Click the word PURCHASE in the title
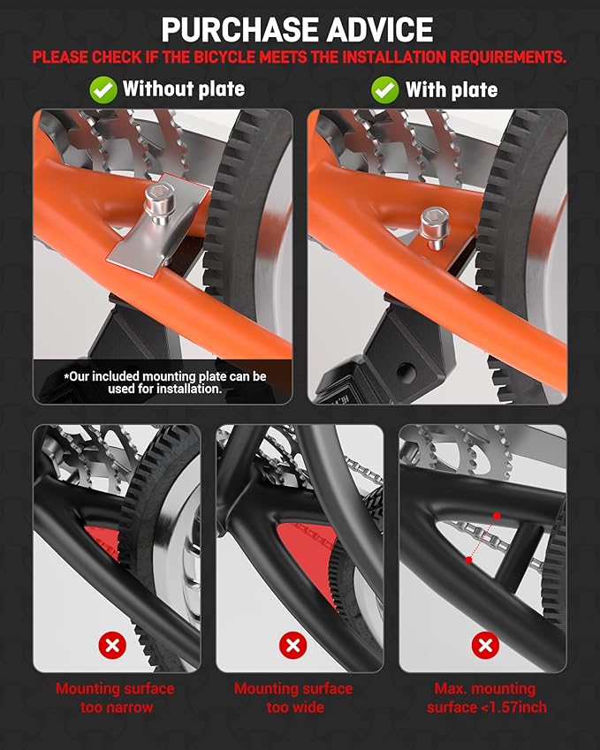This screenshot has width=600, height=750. (x=240, y=30)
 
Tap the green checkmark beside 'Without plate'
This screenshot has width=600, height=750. (x=103, y=89)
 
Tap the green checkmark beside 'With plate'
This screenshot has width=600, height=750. (x=384, y=89)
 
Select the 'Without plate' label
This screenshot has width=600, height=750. (x=184, y=89)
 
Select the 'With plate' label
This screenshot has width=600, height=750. (x=452, y=89)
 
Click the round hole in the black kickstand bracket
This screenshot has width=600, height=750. (x=406, y=370)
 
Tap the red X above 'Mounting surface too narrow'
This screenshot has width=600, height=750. (x=112, y=645)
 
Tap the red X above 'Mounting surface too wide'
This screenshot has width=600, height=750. (x=292, y=645)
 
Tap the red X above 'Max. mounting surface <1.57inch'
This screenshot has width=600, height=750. (x=485, y=645)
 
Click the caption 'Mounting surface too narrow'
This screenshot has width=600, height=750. (x=115, y=698)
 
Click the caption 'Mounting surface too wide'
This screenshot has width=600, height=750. (x=293, y=698)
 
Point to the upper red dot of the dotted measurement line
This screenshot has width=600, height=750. (x=497, y=516)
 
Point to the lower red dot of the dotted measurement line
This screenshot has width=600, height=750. (x=469, y=560)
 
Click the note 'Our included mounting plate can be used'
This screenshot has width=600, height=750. (x=165, y=383)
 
